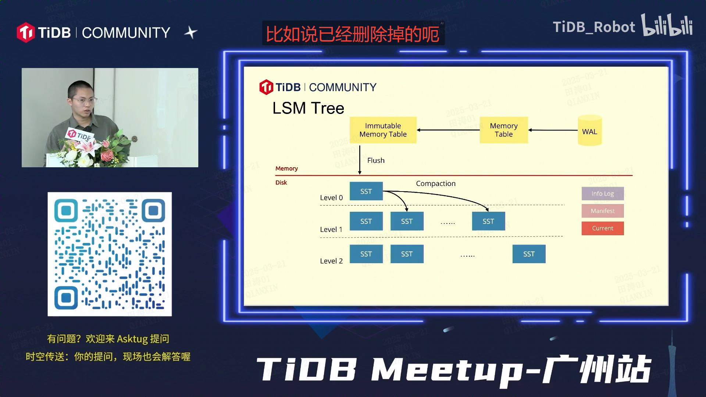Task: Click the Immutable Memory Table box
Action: click(383, 130)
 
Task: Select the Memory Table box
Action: click(503, 130)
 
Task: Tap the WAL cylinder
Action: click(589, 131)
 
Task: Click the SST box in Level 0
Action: click(366, 191)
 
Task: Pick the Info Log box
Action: click(602, 194)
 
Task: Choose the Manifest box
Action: click(602, 211)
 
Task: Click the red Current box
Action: click(602, 228)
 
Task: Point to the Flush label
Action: click(376, 161)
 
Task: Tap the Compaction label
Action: click(435, 183)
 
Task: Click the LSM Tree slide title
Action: click(308, 108)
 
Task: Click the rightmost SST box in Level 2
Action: click(529, 254)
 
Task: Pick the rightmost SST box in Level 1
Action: click(488, 221)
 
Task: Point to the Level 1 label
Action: click(331, 229)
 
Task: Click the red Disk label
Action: click(281, 183)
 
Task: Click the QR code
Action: click(110, 254)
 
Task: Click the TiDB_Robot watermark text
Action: click(593, 27)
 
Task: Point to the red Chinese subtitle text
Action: click(352, 34)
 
